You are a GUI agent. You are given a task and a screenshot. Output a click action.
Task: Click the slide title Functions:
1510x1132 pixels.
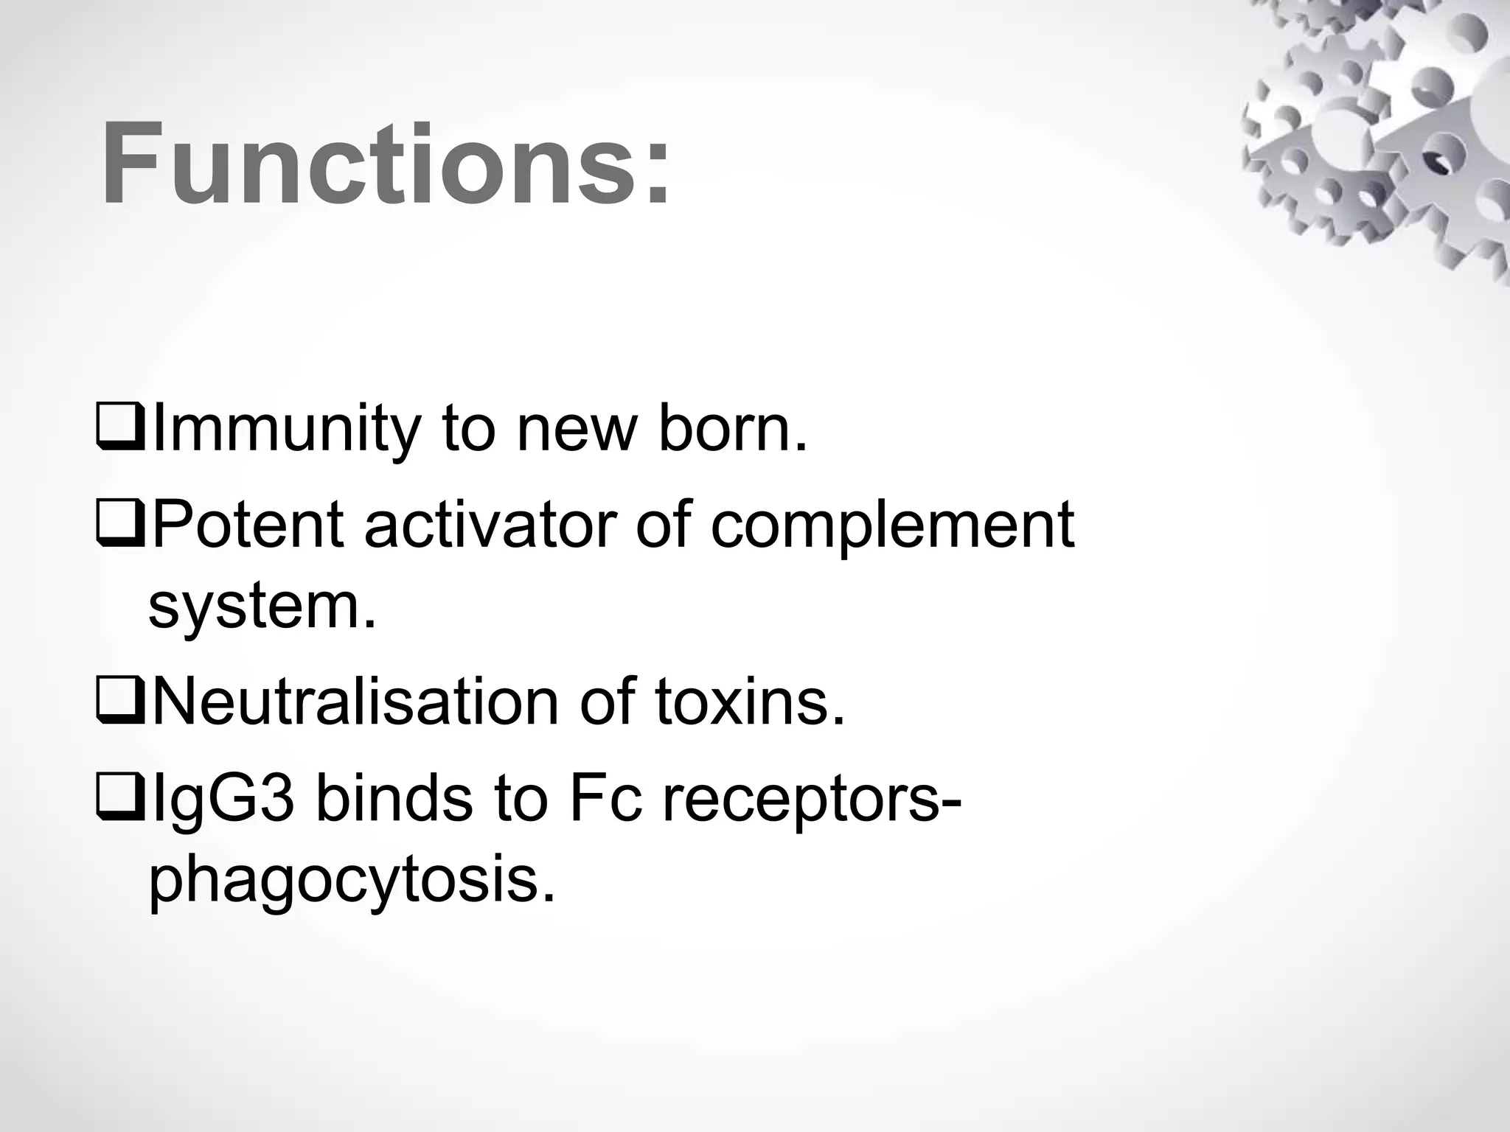click(386, 164)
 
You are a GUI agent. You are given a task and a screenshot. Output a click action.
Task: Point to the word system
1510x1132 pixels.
click(262, 609)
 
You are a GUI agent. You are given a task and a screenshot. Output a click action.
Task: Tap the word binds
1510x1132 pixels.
click(394, 799)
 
